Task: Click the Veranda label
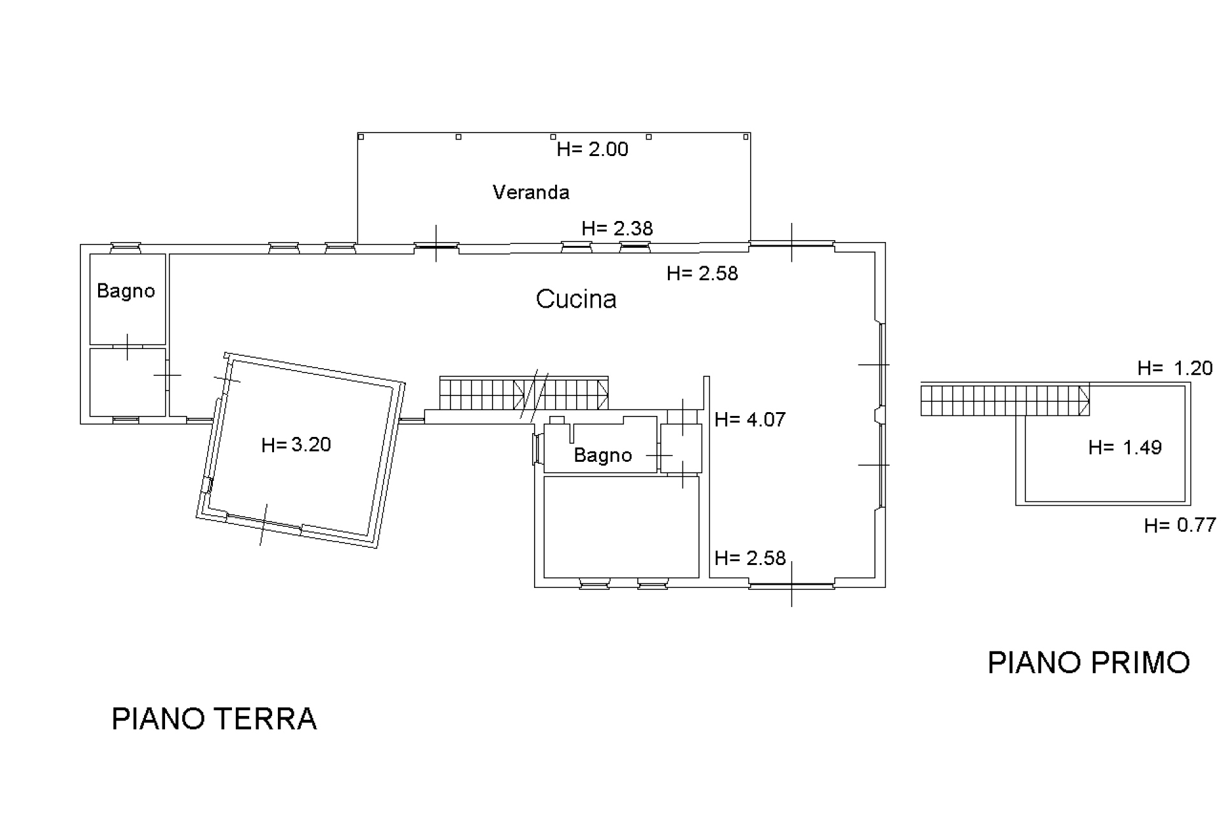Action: click(x=530, y=192)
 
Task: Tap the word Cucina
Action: click(x=575, y=299)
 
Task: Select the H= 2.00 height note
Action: click(x=592, y=149)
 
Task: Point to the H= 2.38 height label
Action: click(x=617, y=229)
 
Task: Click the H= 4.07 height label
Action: click(x=749, y=420)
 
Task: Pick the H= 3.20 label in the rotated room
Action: click(x=296, y=445)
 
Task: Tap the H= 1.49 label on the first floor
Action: click(x=1124, y=448)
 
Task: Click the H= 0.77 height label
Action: click(x=1180, y=525)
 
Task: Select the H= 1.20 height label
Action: click(x=1174, y=368)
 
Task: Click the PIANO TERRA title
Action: click(x=214, y=719)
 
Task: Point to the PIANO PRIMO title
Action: click(x=1088, y=663)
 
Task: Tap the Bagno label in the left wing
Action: click(x=126, y=291)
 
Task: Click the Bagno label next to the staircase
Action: click(x=602, y=455)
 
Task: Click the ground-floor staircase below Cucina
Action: click(x=523, y=394)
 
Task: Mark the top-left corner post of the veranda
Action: click(x=361, y=136)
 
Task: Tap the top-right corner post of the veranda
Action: click(x=746, y=136)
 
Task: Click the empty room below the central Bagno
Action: click(x=621, y=527)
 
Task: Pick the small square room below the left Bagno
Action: click(x=127, y=382)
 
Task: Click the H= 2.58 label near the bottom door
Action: click(x=749, y=559)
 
